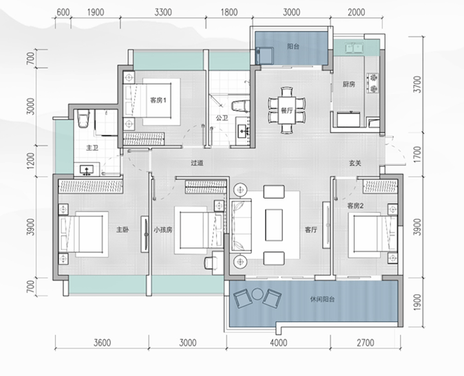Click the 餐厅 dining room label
286,111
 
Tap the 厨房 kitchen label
348,85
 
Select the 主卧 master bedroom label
123,230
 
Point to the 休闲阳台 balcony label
323,299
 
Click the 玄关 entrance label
355,164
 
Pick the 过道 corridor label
197,163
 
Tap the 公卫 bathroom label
222,118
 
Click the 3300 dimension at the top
163,12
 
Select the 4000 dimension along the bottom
278,342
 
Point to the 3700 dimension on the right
417,84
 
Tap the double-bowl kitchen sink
355,47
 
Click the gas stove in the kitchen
372,83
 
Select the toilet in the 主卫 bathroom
83,118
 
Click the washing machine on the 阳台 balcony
264,56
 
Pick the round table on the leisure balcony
257,294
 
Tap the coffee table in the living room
274,225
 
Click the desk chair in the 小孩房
211,263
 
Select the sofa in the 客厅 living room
241,226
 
